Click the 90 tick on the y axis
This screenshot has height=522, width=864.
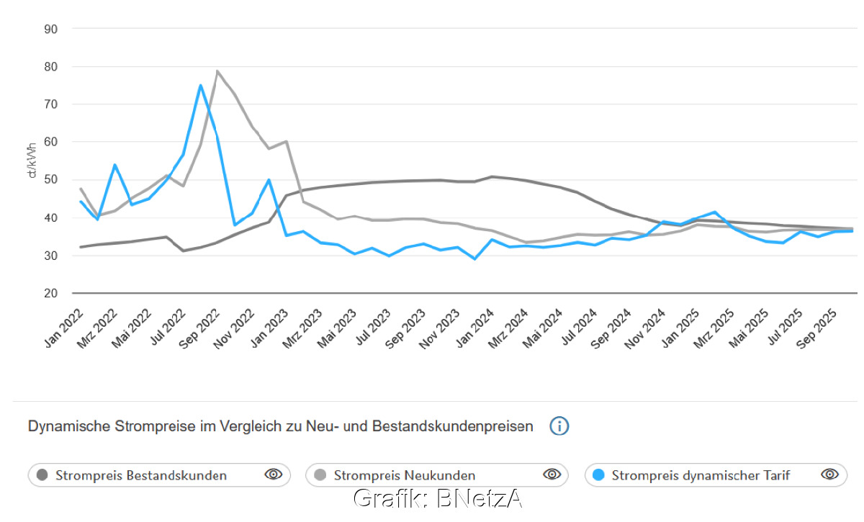point(51,29)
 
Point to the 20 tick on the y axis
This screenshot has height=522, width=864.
point(51,293)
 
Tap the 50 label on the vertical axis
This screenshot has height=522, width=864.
point(51,180)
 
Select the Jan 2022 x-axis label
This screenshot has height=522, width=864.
point(64,328)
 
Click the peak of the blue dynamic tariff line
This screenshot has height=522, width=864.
point(200,85)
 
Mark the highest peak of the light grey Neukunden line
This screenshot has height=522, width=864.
point(217,71)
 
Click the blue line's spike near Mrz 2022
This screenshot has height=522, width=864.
point(115,165)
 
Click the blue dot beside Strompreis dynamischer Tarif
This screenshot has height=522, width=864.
point(598,475)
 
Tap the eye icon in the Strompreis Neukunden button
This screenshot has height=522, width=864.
point(552,474)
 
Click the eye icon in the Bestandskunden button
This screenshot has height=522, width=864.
point(273,474)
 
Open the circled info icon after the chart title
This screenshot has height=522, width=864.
point(559,426)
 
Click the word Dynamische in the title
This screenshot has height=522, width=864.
point(68,426)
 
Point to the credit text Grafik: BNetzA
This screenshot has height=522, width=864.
point(437,499)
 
